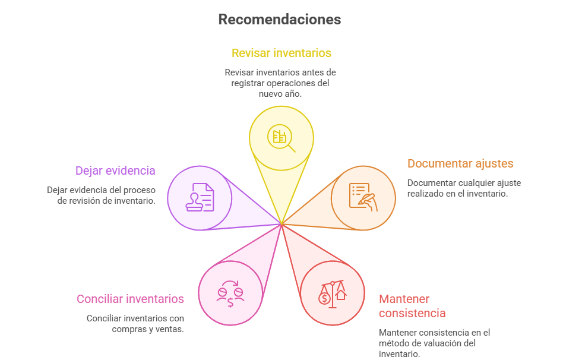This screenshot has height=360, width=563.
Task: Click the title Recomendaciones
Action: click(x=279, y=20)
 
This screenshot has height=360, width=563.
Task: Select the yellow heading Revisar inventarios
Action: click(x=281, y=53)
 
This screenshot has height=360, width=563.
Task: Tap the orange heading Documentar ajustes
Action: click(x=460, y=163)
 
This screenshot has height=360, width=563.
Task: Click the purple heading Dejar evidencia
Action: click(x=115, y=170)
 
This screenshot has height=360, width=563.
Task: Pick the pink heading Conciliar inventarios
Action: click(x=130, y=299)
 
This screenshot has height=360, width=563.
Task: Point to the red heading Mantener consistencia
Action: click(x=412, y=306)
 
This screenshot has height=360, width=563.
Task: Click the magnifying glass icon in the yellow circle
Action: click(x=281, y=138)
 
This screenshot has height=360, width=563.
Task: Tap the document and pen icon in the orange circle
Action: click(x=363, y=197)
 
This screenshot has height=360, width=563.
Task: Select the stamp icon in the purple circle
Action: click(x=200, y=197)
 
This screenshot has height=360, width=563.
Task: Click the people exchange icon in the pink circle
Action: click(x=230, y=293)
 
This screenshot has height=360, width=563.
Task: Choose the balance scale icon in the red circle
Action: click(x=333, y=293)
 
